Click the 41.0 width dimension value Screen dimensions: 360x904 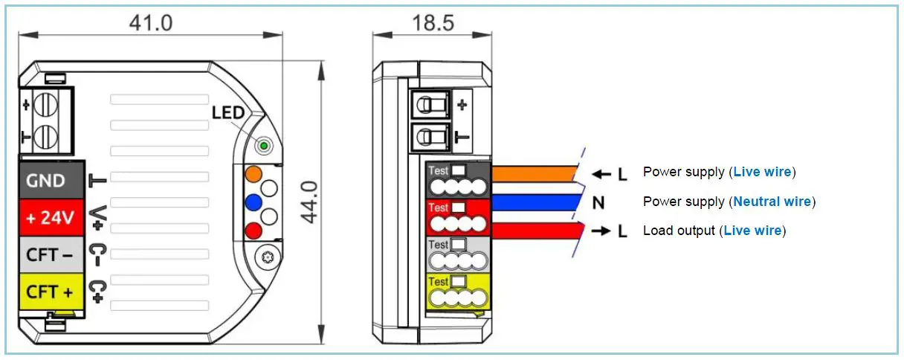pyautogui.click(x=150, y=22)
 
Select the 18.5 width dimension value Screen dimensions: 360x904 pyautogui.click(x=433, y=22)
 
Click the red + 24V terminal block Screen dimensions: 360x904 pyautogui.click(x=50, y=218)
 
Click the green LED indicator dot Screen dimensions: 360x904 pyautogui.click(x=263, y=144)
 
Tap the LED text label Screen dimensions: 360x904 pyautogui.click(x=228, y=113)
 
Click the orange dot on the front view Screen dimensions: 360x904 pyautogui.click(x=254, y=174)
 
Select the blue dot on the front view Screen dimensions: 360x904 pyautogui.click(x=254, y=202)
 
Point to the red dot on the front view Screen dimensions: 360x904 pyautogui.click(x=254, y=230)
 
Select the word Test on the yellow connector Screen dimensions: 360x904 pyautogui.click(x=439, y=282)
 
